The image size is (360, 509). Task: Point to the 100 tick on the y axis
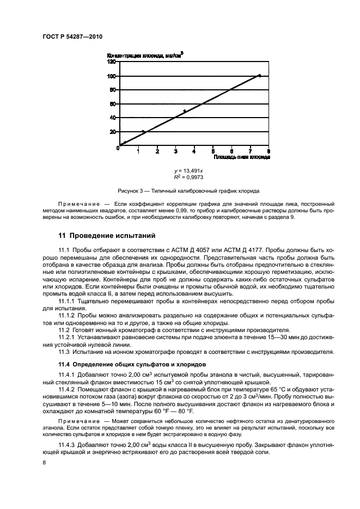(112, 76)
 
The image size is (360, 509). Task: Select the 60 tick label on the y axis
(113, 103)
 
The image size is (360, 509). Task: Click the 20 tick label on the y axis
(113, 132)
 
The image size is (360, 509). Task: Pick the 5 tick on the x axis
(213, 151)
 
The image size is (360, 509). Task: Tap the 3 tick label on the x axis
(176, 151)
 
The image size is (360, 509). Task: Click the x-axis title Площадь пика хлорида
(242, 157)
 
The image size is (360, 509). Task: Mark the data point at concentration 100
(259, 76)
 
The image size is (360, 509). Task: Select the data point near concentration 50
(185, 111)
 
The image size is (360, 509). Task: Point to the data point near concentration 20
(143, 132)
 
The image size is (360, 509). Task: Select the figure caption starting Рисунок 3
(188, 192)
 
